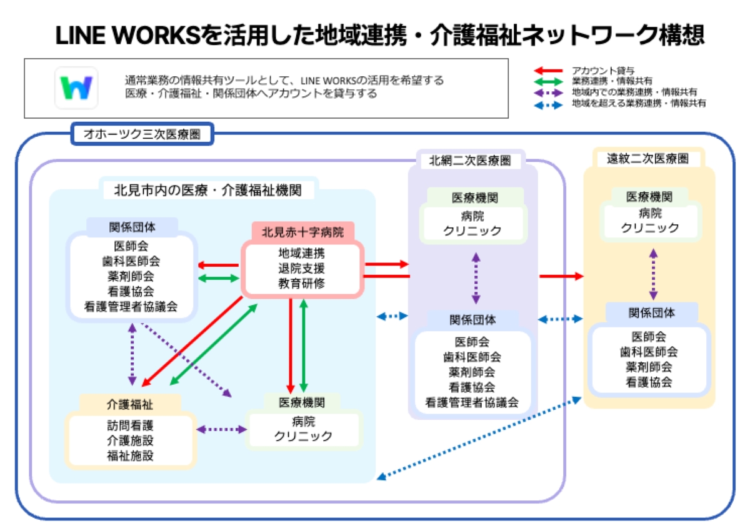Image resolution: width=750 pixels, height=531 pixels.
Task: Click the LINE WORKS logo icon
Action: coord(76,88)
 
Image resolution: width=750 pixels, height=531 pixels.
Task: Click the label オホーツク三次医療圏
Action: coord(142,134)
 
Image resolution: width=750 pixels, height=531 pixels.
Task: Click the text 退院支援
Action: coord(302,268)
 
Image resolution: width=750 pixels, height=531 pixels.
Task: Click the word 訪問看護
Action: coord(130,426)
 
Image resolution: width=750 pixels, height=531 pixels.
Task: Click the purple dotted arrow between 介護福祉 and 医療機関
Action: coord(223,430)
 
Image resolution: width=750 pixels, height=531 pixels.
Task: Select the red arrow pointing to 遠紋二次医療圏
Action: coord(561,276)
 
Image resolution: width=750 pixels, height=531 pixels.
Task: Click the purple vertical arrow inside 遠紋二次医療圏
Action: coord(654,274)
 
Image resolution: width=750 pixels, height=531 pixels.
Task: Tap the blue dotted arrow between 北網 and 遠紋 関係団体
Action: coord(560,320)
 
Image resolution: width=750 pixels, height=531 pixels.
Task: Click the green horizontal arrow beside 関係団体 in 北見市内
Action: coord(219,279)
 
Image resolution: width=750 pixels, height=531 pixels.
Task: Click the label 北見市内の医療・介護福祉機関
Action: coord(207,190)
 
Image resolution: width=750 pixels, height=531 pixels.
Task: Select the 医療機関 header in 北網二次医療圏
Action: coord(475,198)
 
